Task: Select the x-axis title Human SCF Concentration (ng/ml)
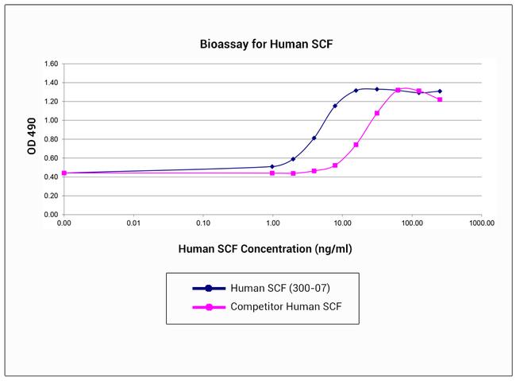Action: [265, 249]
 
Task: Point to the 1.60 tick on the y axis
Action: [51, 64]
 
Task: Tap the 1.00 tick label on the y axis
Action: [51, 120]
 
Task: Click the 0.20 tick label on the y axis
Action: [51, 196]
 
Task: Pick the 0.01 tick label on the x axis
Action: [133, 224]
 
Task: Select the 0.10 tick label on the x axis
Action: [202, 224]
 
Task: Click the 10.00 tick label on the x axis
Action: [342, 224]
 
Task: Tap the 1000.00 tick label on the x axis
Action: [481, 224]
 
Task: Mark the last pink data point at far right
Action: [440, 99]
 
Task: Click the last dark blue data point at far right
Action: [440, 91]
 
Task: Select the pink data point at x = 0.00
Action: [64, 173]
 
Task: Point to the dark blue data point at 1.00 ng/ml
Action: [272, 167]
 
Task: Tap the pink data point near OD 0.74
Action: [356, 145]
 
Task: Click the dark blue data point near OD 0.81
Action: [314, 138]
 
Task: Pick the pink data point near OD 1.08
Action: [377, 113]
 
